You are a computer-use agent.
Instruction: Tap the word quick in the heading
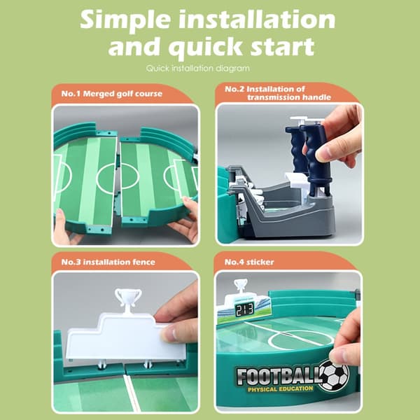205,48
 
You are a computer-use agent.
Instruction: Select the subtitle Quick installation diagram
198,69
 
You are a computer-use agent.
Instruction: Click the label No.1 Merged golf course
112,94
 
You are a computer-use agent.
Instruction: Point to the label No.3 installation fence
108,262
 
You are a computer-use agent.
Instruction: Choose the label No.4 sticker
249,262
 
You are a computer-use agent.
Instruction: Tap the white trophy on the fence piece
128,300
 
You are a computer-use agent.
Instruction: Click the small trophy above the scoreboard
240,286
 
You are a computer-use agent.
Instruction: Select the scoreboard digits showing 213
244,309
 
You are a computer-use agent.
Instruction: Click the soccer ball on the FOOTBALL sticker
335,375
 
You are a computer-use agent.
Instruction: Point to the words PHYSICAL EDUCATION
280,389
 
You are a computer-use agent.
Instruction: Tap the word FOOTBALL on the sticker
279,376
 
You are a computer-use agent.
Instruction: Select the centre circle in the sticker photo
301,339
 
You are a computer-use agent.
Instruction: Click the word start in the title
282,46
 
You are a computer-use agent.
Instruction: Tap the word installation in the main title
256,20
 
